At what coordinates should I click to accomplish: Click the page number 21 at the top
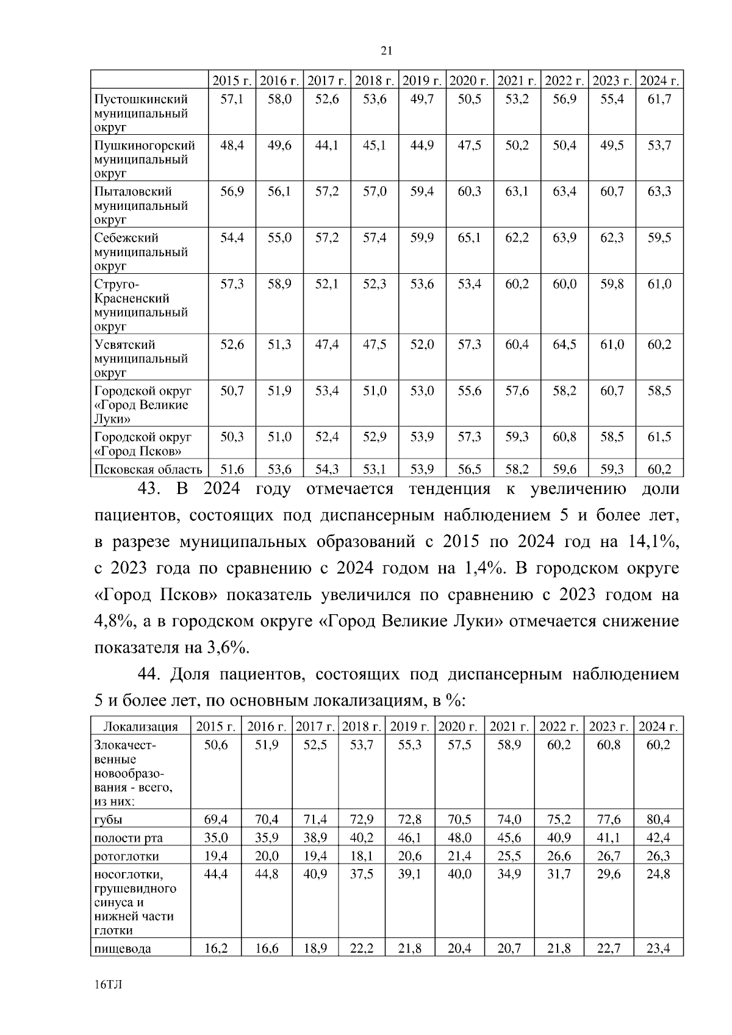pyautogui.click(x=386, y=51)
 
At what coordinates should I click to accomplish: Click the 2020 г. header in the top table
pyautogui.click(x=469, y=81)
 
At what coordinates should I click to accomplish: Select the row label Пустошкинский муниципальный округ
pyautogui.click(x=141, y=113)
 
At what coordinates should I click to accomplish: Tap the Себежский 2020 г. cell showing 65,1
pyautogui.click(x=469, y=238)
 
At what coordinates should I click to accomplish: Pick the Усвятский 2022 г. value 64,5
pyautogui.click(x=564, y=345)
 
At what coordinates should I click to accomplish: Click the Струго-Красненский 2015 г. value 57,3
pyautogui.click(x=232, y=284)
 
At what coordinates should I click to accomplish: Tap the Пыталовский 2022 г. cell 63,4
pyautogui.click(x=564, y=192)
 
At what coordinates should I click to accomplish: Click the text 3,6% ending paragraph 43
pyautogui.click(x=229, y=647)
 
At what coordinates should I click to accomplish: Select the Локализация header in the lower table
pyautogui.click(x=140, y=726)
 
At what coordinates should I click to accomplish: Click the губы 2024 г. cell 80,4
pyautogui.click(x=658, y=819)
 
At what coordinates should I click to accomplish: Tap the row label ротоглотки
pyautogui.click(x=126, y=856)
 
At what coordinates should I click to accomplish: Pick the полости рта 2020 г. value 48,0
pyautogui.click(x=459, y=837)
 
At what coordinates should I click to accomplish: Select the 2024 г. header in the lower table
pyautogui.click(x=658, y=726)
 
